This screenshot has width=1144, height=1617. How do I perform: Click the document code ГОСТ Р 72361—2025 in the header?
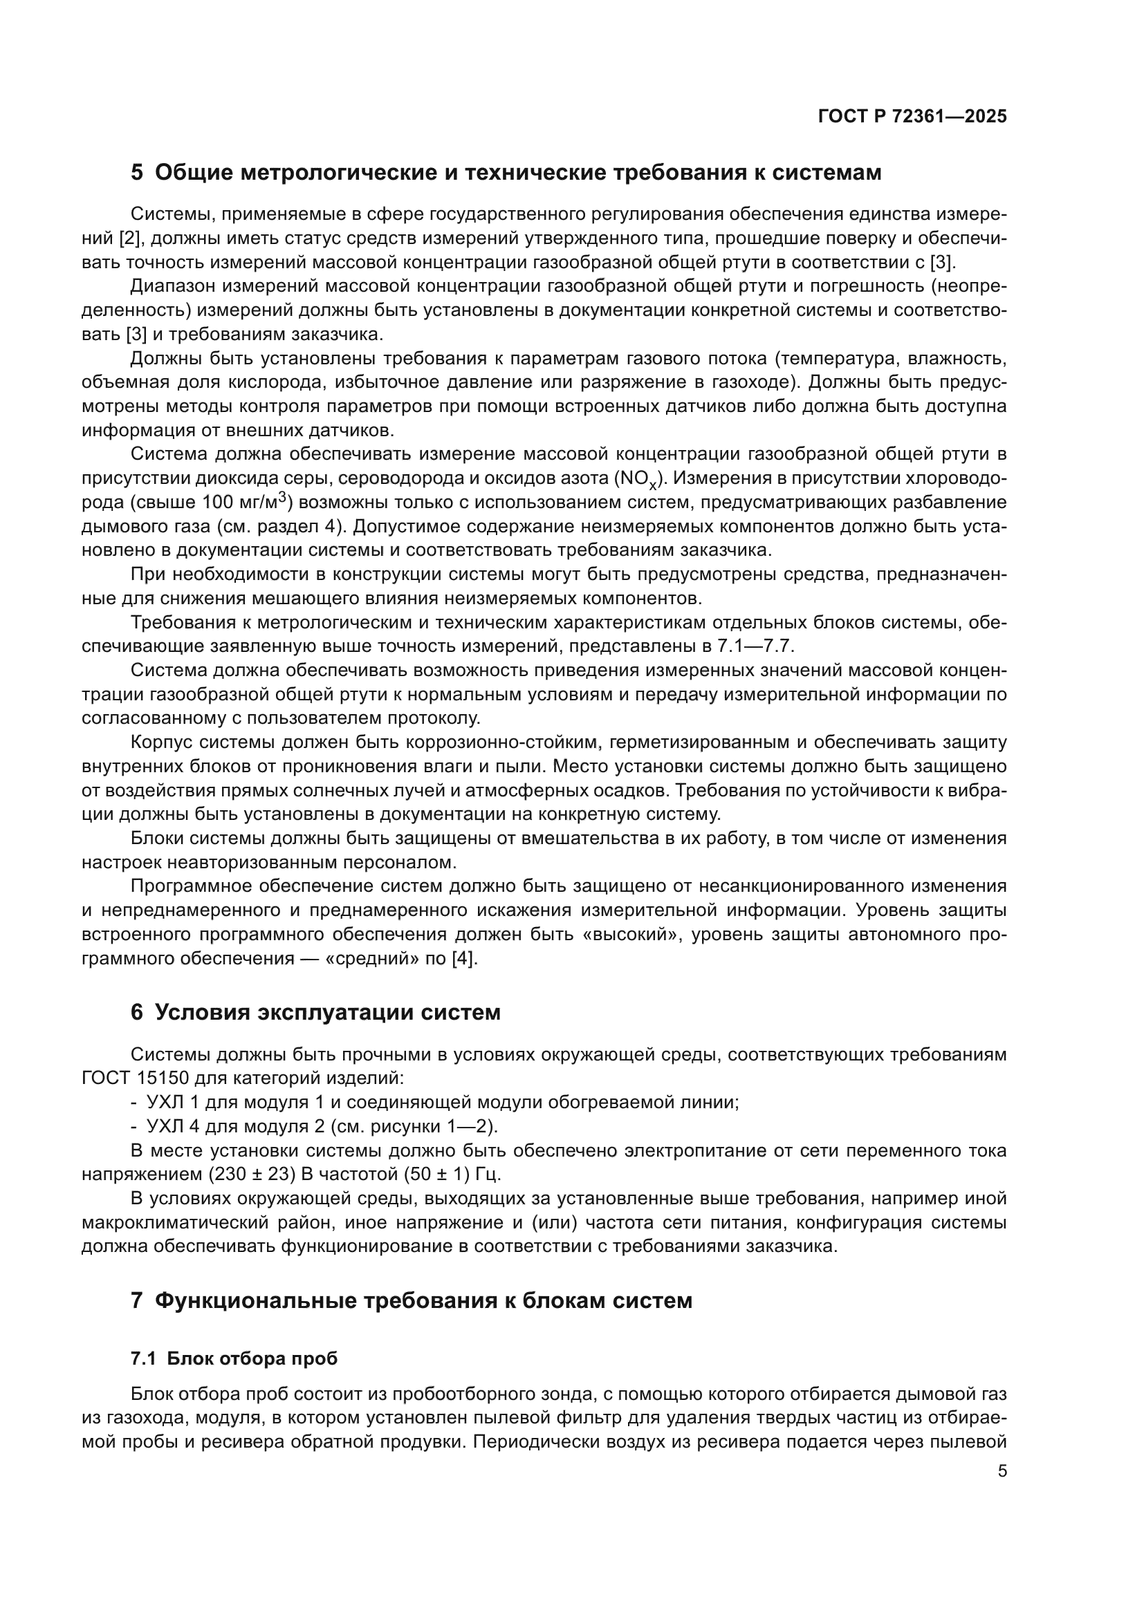[x=912, y=117]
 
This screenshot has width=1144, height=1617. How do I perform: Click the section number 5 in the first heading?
[x=137, y=173]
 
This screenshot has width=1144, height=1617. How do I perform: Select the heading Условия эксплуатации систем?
[x=327, y=1013]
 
